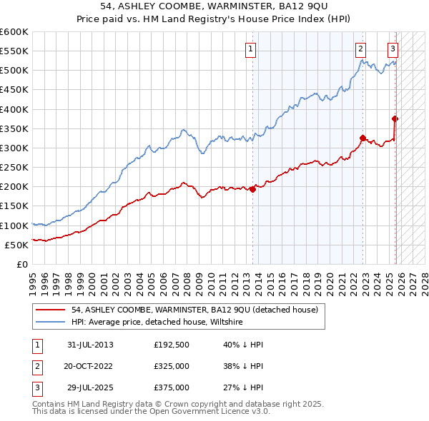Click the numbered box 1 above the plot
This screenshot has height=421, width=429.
tap(251, 49)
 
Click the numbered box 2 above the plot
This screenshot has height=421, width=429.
tap(360, 49)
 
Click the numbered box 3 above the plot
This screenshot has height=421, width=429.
tap(393, 49)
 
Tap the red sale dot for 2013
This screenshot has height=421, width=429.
tap(253, 189)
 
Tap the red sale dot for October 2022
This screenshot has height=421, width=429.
tap(363, 138)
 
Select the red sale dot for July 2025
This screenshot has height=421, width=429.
tap(395, 119)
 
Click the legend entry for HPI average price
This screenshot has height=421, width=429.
tap(157, 323)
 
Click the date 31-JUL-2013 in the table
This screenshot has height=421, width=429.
tap(90, 345)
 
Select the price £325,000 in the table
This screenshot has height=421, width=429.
tap(172, 366)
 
